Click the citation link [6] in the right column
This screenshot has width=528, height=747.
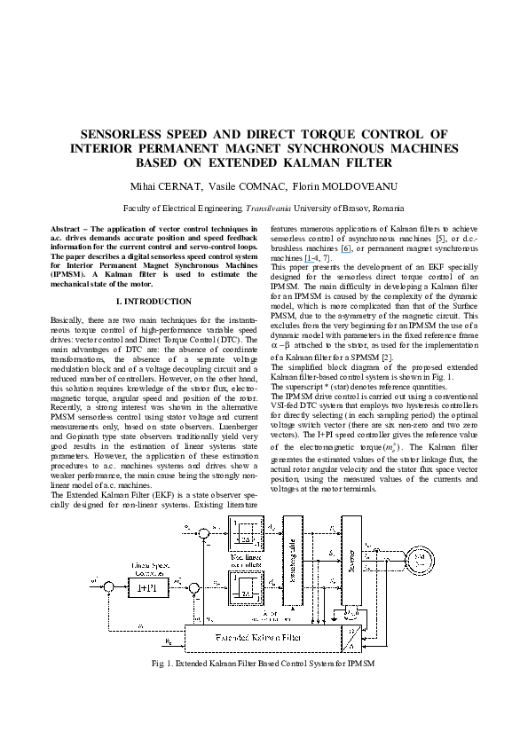335,248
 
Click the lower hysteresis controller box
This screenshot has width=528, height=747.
243,590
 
